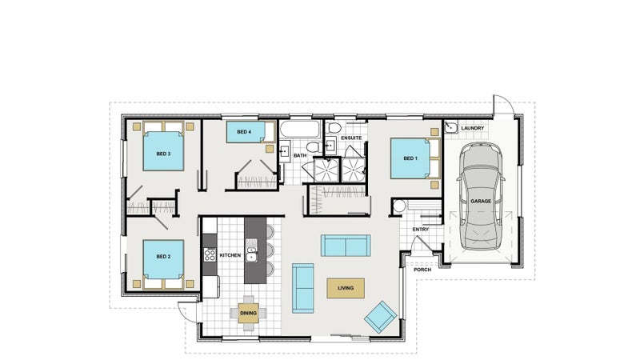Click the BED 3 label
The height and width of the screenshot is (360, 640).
tap(163, 154)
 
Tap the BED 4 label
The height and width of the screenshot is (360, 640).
tap(244, 132)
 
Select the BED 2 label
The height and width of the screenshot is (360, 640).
tap(163, 256)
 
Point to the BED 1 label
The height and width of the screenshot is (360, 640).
tap(410, 158)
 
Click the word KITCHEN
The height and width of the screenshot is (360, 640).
tap(230, 255)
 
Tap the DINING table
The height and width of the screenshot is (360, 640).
tap(248, 313)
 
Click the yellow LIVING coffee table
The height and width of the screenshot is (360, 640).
tap(346, 288)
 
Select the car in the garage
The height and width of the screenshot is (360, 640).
tap(481, 196)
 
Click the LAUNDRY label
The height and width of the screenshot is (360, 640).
tap(473, 128)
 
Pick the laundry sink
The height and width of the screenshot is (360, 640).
tap(450, 127)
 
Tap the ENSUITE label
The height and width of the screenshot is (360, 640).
tap(351, 138)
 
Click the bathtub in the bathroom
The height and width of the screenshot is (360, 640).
tap(300, 130)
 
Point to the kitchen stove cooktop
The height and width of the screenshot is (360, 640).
tap(210, 254)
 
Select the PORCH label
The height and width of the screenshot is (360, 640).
tap(422, 270)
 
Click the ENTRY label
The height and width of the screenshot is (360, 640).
tap(421, 230)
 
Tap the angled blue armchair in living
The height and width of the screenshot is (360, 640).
tap(381, 316)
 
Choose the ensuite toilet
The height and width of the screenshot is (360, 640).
tap(334, 128)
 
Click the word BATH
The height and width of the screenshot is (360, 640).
tap(300, 155)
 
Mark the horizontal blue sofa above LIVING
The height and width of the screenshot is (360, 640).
tap(346, 246)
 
